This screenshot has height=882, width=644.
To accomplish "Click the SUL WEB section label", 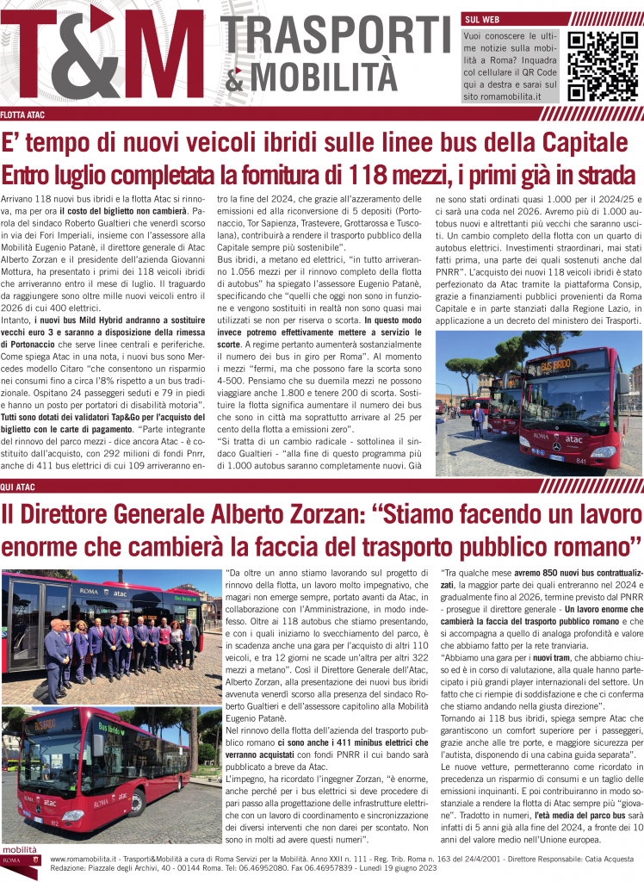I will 481,19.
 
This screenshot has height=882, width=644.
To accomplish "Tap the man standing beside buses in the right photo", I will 478,420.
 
